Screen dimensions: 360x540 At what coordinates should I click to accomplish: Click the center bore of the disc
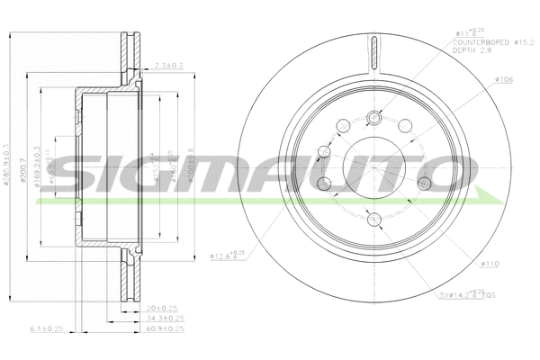click(374, 166)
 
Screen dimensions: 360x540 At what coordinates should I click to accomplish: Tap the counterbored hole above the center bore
click(374, 115)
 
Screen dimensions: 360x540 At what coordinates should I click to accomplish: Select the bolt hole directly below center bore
click(374, 219)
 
